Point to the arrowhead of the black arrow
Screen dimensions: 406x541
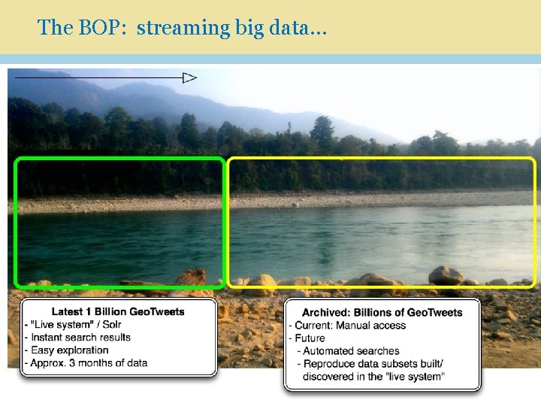190,77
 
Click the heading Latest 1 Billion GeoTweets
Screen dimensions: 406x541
118,311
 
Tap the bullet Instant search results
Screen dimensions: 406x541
80,337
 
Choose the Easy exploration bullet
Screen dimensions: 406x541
69,350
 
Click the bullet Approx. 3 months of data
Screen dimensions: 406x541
89,362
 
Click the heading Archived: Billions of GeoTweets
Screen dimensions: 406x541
382,312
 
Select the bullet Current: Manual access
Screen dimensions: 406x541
350,325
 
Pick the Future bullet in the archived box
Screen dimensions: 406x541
310,338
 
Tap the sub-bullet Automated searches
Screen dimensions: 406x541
351,350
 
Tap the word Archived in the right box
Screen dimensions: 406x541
325,312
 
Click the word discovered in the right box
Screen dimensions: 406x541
328,376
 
